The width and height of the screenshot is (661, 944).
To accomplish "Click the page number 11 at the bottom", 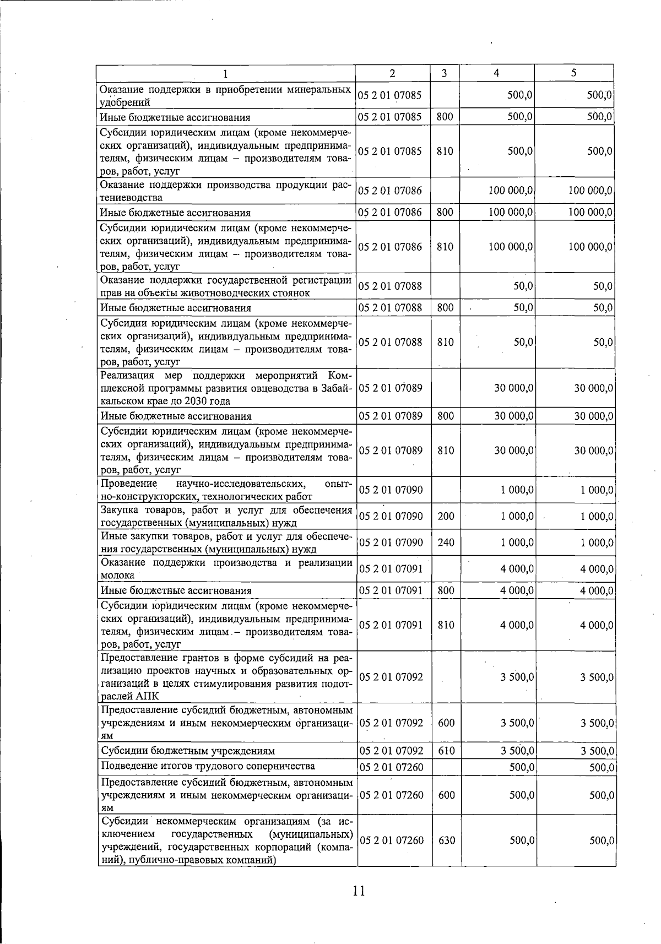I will pyautogui.click(x=359, y=891).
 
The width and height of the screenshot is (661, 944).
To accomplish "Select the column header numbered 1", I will pyautogui.click(x=226, y=73).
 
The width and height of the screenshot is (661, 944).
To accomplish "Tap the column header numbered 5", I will pyautogui.click(x=573, y=73).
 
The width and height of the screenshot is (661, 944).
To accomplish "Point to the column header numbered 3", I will pyautogui.click(x=443, y=73).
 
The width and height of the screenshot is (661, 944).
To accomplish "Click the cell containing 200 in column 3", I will pyautogui.click(x=446, y=516).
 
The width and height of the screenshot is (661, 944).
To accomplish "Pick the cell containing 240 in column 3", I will pyautogui.click(x=446, y=542).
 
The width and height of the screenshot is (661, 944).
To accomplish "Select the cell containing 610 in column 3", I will pyautogui.click(x=446, y=751).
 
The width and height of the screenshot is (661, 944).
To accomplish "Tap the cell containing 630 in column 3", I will pyautogui.click(x=446, y=840).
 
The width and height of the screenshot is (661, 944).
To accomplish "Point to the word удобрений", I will pyautogui.click(x=124, y=102).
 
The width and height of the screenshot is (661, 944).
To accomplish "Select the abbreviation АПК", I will pyautogui.click(x=147, y=697).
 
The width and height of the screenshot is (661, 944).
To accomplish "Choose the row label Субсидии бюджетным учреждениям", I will pyautogui.click(x=187, y=751).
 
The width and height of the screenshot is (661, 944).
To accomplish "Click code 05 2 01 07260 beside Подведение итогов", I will pyautogui.click(x=391, y=767).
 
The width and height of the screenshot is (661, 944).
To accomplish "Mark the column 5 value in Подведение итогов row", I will pyautogui.click(x=601, y=767).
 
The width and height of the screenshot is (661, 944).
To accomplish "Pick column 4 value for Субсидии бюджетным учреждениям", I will pyautogui.click(x=517, y=751).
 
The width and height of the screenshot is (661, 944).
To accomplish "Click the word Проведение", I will pyautogui.click(x=129, y=484).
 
